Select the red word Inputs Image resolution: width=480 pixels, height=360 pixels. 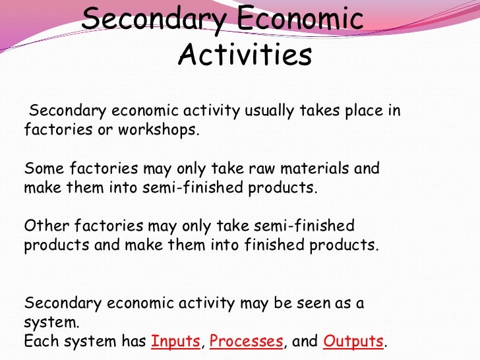(175, 342)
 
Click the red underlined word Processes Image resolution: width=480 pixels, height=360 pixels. (247, 342)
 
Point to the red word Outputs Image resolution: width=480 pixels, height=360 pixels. (353, 342)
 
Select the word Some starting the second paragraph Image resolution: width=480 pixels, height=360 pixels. (41, 168)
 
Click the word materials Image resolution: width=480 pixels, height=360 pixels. (311, 168)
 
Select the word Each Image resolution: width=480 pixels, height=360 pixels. (39, 342)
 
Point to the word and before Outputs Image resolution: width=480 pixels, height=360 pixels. (305, 342)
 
